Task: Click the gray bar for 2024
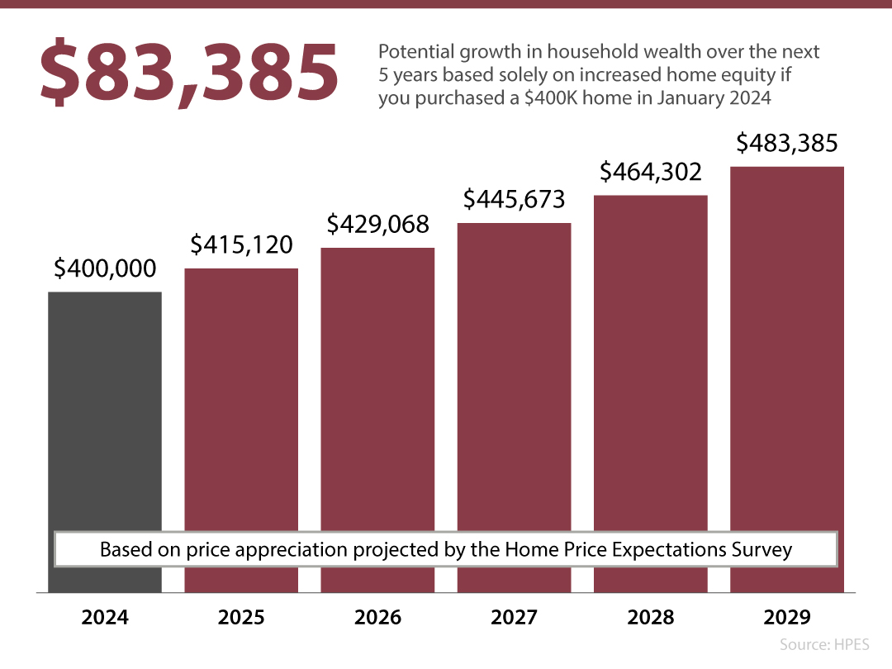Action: [105, 413]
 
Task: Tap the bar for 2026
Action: [377, 388]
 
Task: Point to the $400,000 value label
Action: [105, 268]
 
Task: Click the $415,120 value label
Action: [241, 244]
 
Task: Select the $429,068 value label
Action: [377, 224]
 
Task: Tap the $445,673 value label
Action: [514, 199]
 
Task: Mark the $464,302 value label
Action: [651, 172]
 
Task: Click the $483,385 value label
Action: [787, 144]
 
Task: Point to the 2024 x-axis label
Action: [105, 618]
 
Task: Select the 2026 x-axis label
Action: [377, 618]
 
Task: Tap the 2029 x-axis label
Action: [787, 618]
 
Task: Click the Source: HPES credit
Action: [824, 644]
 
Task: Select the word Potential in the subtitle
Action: [415, 52]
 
